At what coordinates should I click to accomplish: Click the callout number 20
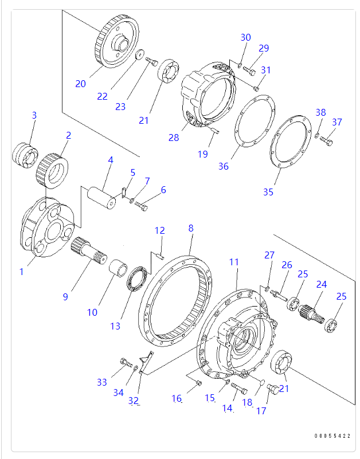pyautogui.click(x=80, y=84)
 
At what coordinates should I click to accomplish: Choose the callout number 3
pyautogui.click(x=34, y=115)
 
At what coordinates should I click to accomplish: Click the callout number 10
pyautogui.click(x=92, y=312)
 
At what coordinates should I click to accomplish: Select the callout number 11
pyautogui.click(x=234, y=262)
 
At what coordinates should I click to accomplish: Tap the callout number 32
pyautogui.click(x=134, y=401)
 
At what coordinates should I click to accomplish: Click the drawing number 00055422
pyautogui.click(x=332, y=436)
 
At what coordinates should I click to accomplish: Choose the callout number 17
pyautogui.click(x=261, y=410)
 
